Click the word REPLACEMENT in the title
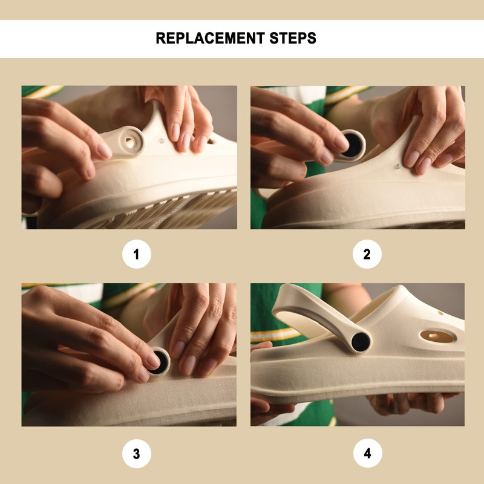click(210, 38)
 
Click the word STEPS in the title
click(293, 38)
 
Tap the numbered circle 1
click(137, 254)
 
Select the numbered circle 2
click(367, 254)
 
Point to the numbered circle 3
click(137, 454)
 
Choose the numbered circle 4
click(367, 453)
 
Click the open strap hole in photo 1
click(130, 142)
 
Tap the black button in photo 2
click(353, 145)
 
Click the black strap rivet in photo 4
click(361, 342)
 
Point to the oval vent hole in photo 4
click(438, 336)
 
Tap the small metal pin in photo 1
click(162, 141)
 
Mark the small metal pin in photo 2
click(397, 167)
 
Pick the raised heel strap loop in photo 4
click(321, 318)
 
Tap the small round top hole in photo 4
click(440, 313)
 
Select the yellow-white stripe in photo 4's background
click(275, 335)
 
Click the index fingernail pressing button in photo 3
click(153, 360)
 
